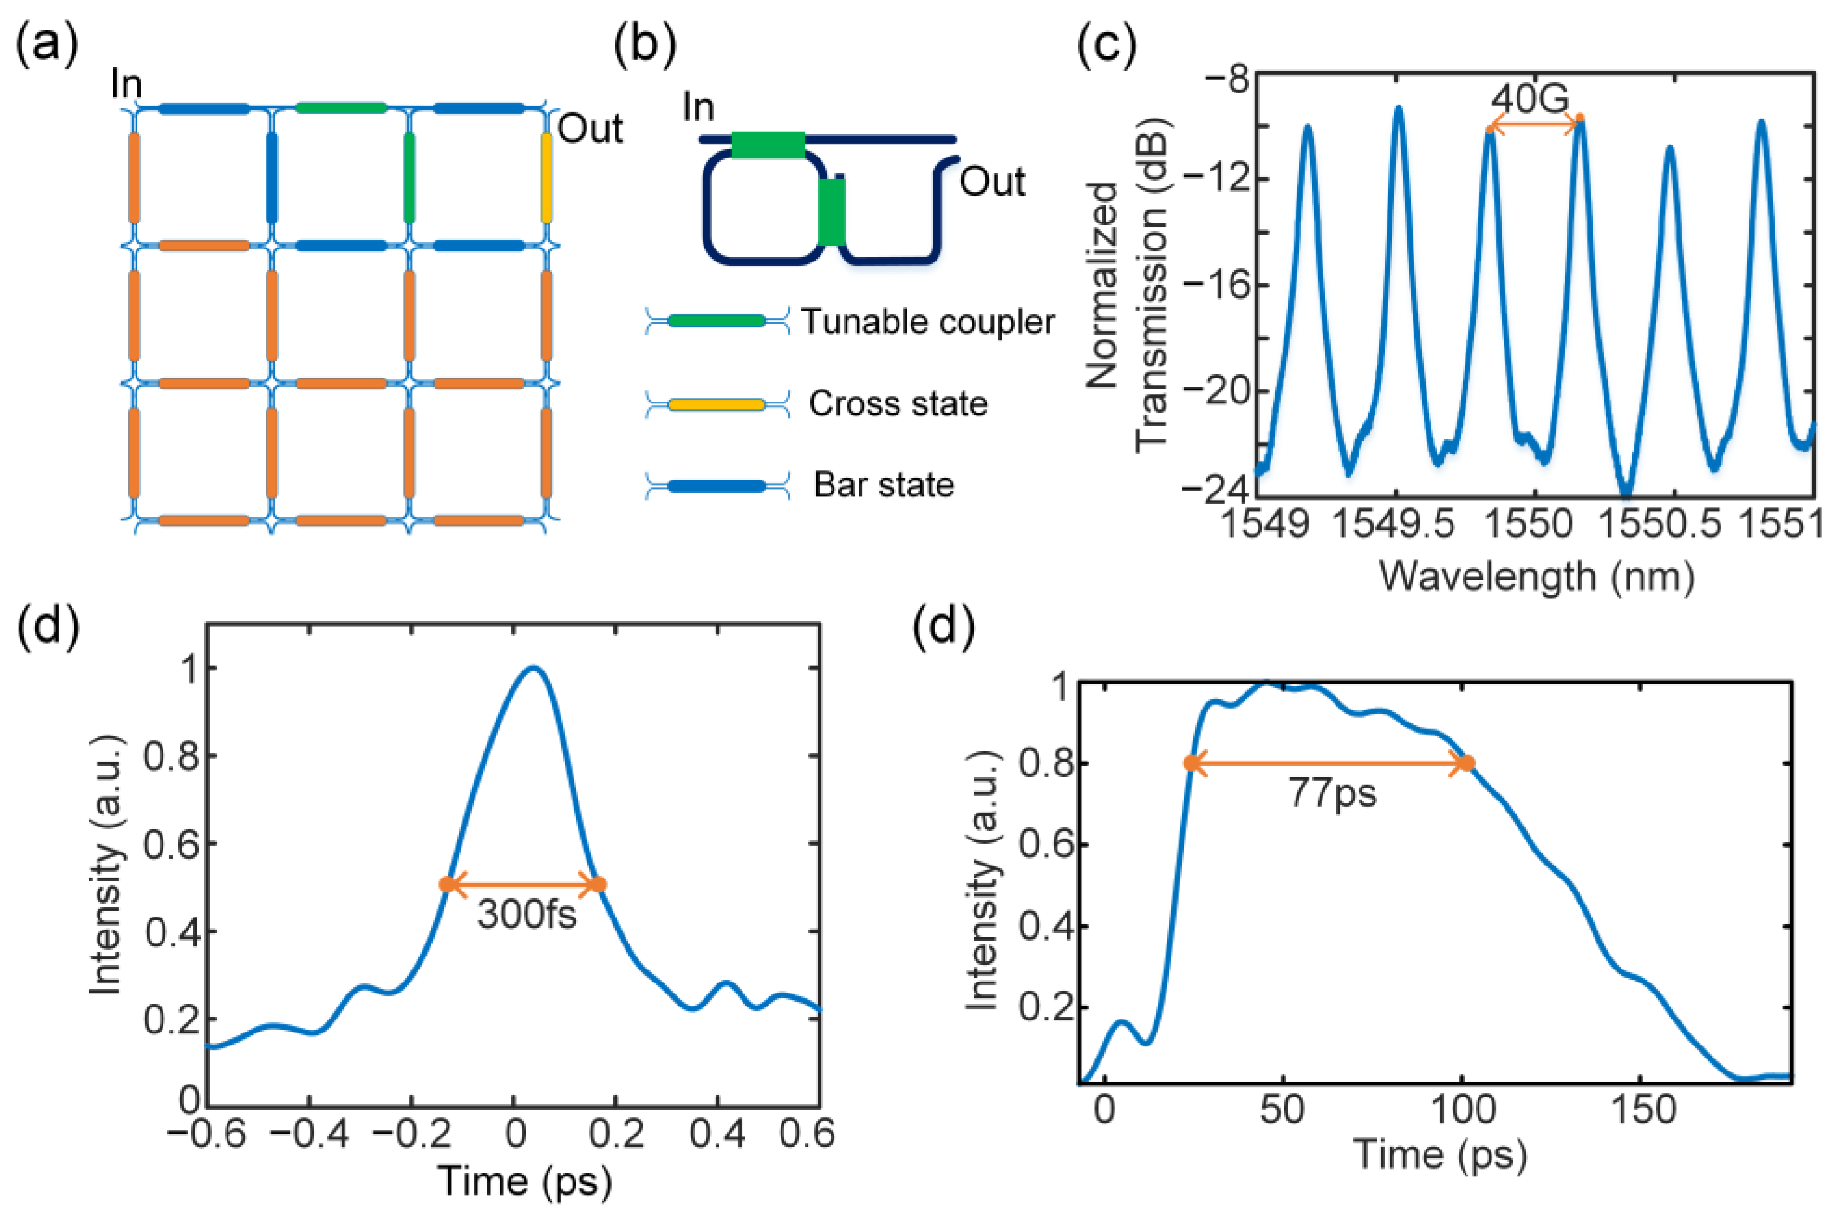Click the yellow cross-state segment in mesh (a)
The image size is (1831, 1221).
click(x=547, y=178)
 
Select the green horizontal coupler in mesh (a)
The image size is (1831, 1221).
click(x=341, y=108)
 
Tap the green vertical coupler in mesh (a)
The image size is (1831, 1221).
click(x=410, y=178)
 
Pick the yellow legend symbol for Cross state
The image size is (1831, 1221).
click(x=717, y=404)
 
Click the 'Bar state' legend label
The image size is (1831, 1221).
click(x=884, y=485)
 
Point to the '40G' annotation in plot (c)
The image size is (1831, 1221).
click(x=1530, y=99)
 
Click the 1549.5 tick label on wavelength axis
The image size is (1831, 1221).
click(x=1393, y=524)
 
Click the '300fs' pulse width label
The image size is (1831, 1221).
click(x=527, y=913)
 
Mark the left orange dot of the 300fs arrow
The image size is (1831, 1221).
click(x=447, y=884)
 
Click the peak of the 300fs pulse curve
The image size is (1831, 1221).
click(x=533, y=667)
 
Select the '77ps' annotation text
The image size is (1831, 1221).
click(x=1333, y=793)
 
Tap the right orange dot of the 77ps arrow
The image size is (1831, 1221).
click(x=1466, y=763)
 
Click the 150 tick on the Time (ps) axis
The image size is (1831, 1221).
click(x=1644, y=1109)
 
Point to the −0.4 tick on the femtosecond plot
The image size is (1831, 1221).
click(x=309, y=1133)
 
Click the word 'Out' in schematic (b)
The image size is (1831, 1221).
click(x=992, y=181)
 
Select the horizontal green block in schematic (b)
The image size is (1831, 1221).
click(x=768, y=145)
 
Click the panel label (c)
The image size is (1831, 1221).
click(x=1106, y=45)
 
